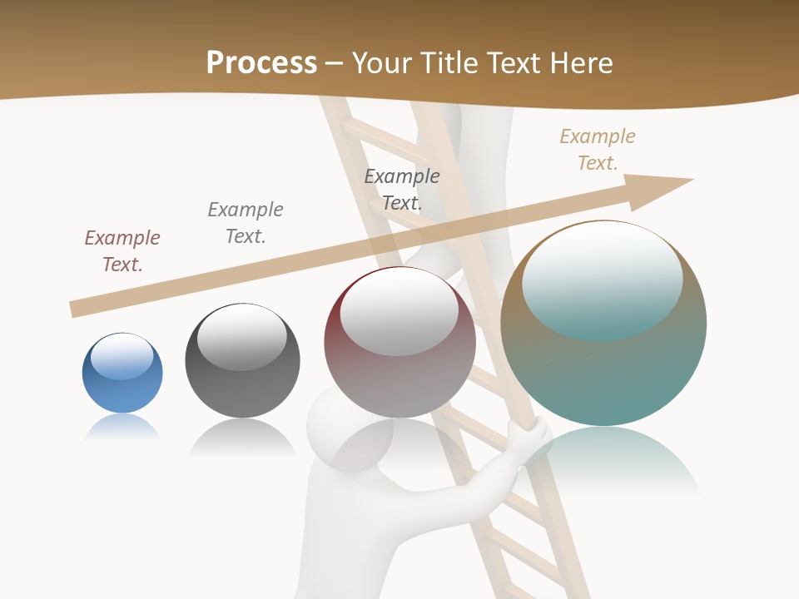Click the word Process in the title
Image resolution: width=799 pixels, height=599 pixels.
click(261, 62)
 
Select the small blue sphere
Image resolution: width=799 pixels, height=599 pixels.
click(122, 374)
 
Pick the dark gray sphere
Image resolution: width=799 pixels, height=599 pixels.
click(242, 361)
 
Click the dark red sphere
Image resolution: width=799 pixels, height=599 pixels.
click(399, 343)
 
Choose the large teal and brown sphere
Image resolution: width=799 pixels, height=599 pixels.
click(603, 324)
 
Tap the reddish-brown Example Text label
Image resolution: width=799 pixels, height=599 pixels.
click(122, 250)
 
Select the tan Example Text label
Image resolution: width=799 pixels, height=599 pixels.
click(597, 149)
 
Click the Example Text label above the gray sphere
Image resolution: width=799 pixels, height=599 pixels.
click(246, 222)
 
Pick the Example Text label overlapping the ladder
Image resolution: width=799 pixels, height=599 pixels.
click(402, 189)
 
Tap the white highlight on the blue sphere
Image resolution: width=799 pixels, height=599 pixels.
click(122, 356)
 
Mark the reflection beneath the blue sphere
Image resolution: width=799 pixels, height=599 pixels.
click(122, 428)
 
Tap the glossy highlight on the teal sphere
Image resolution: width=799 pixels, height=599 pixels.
click(603, 279)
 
